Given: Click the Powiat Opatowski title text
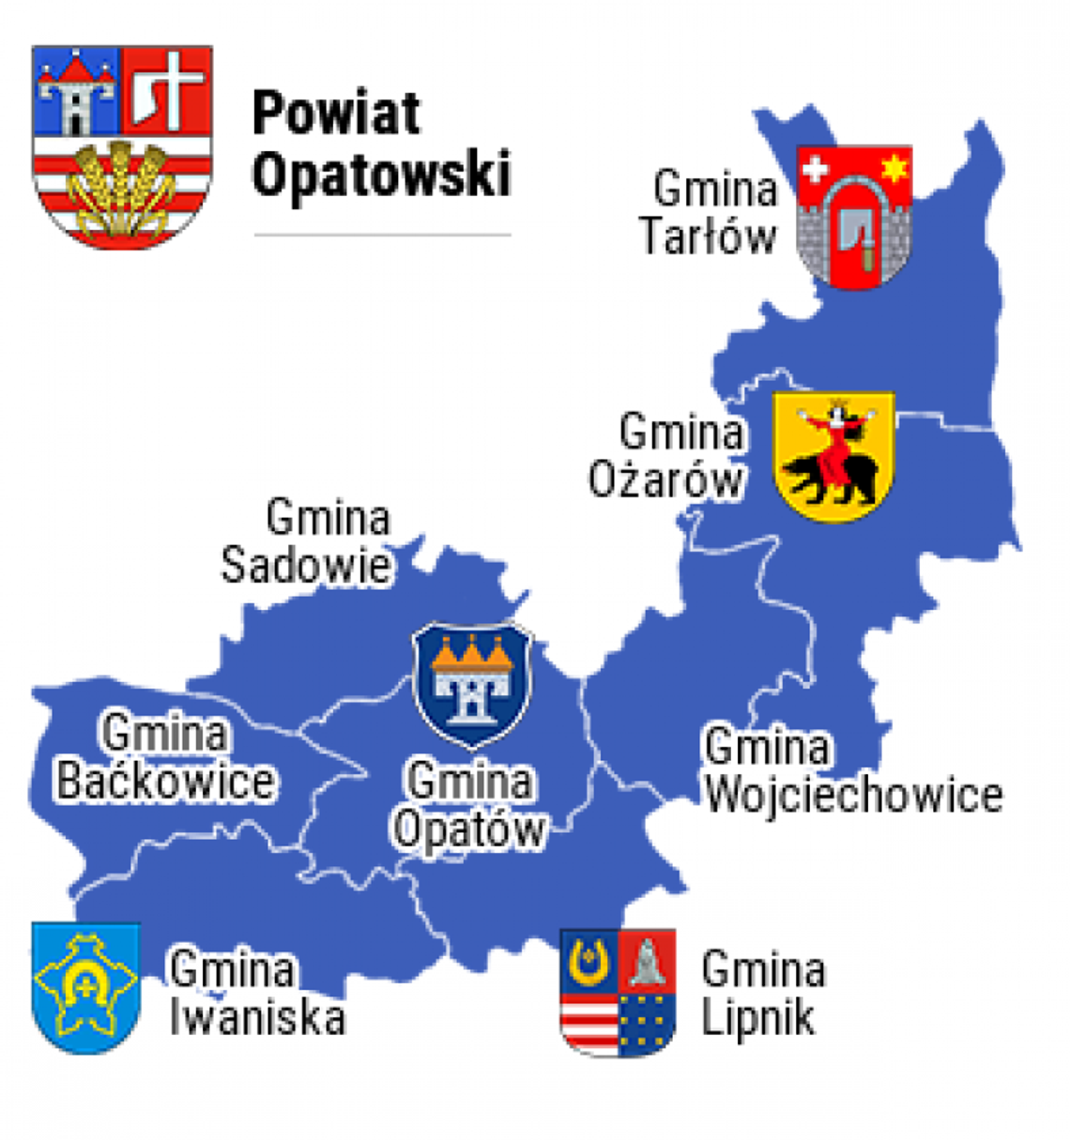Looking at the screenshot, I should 381,144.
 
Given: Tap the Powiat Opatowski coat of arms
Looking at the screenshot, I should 122,145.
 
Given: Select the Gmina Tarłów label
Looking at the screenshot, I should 711,213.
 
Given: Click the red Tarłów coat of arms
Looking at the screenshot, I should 854,216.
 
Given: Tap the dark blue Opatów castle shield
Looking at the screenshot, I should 472,682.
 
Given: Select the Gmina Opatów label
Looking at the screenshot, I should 469,806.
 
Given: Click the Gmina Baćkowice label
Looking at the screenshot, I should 165,758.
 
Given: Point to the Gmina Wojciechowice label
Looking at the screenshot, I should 852,772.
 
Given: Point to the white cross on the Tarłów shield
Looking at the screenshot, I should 815,170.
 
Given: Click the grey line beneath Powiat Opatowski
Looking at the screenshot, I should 382,235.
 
